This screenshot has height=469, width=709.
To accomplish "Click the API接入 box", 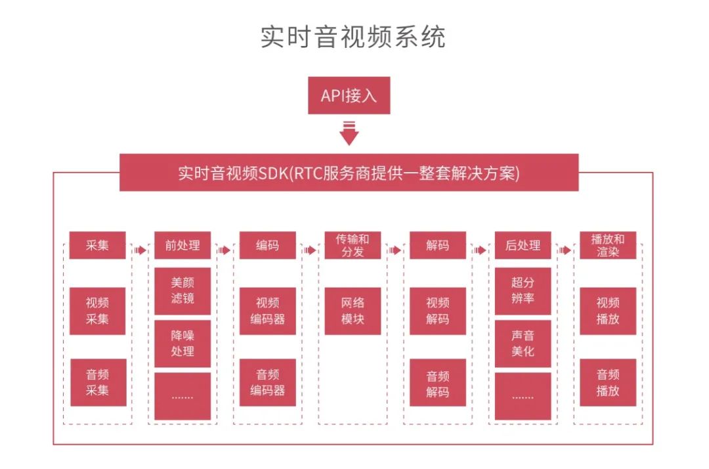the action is [349, 95].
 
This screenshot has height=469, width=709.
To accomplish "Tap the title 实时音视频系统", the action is [353, 37].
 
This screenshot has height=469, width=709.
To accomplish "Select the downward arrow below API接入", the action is [349, 133].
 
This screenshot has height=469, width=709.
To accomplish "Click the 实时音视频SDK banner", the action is [349, 172].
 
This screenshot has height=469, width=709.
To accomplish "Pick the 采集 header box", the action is [97, 245].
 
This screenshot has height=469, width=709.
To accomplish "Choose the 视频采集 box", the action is [97, 311].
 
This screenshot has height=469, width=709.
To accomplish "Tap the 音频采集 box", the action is [98, 382].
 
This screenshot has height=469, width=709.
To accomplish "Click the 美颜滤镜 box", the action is [183, 291].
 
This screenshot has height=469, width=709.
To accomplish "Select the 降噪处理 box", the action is [183, 344].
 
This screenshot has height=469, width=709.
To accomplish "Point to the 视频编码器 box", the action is [267, 311].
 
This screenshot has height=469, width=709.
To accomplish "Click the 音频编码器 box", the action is [267, 382].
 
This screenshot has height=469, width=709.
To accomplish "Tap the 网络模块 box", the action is [353, 311].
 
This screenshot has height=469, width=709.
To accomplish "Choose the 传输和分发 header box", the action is [353, 245].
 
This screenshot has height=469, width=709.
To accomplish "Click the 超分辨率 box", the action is [523, 291].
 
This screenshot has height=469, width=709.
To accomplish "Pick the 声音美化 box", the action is [523, 344].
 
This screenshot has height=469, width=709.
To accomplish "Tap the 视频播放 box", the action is [608, 311].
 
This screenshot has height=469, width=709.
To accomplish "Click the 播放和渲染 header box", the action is [608, 245].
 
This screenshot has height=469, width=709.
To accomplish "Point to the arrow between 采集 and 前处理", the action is [140, 250].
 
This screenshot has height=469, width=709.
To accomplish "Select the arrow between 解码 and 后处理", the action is [480, 250].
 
